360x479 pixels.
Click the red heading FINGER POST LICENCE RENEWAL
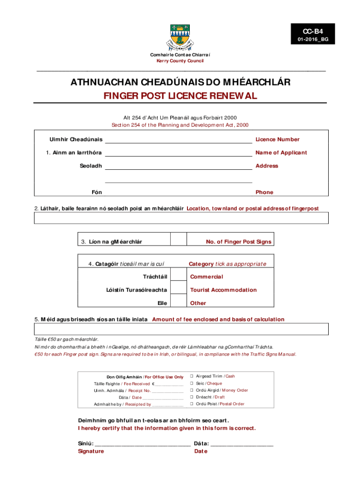coord(180,96)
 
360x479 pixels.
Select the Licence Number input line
coord(178,139)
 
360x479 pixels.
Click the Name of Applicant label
coord(281,152)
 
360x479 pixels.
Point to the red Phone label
coord(264,192)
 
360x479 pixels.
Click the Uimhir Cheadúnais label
coord(76,139)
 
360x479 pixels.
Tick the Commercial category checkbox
coord(178,277)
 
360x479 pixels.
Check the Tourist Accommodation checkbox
coord(178,290)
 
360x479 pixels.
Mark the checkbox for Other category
coord(178,303)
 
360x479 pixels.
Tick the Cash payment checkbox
coord(191,376)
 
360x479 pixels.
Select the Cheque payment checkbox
coord(191,384)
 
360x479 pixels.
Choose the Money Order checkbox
coord(191,390)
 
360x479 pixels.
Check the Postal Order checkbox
coord(191,404)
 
